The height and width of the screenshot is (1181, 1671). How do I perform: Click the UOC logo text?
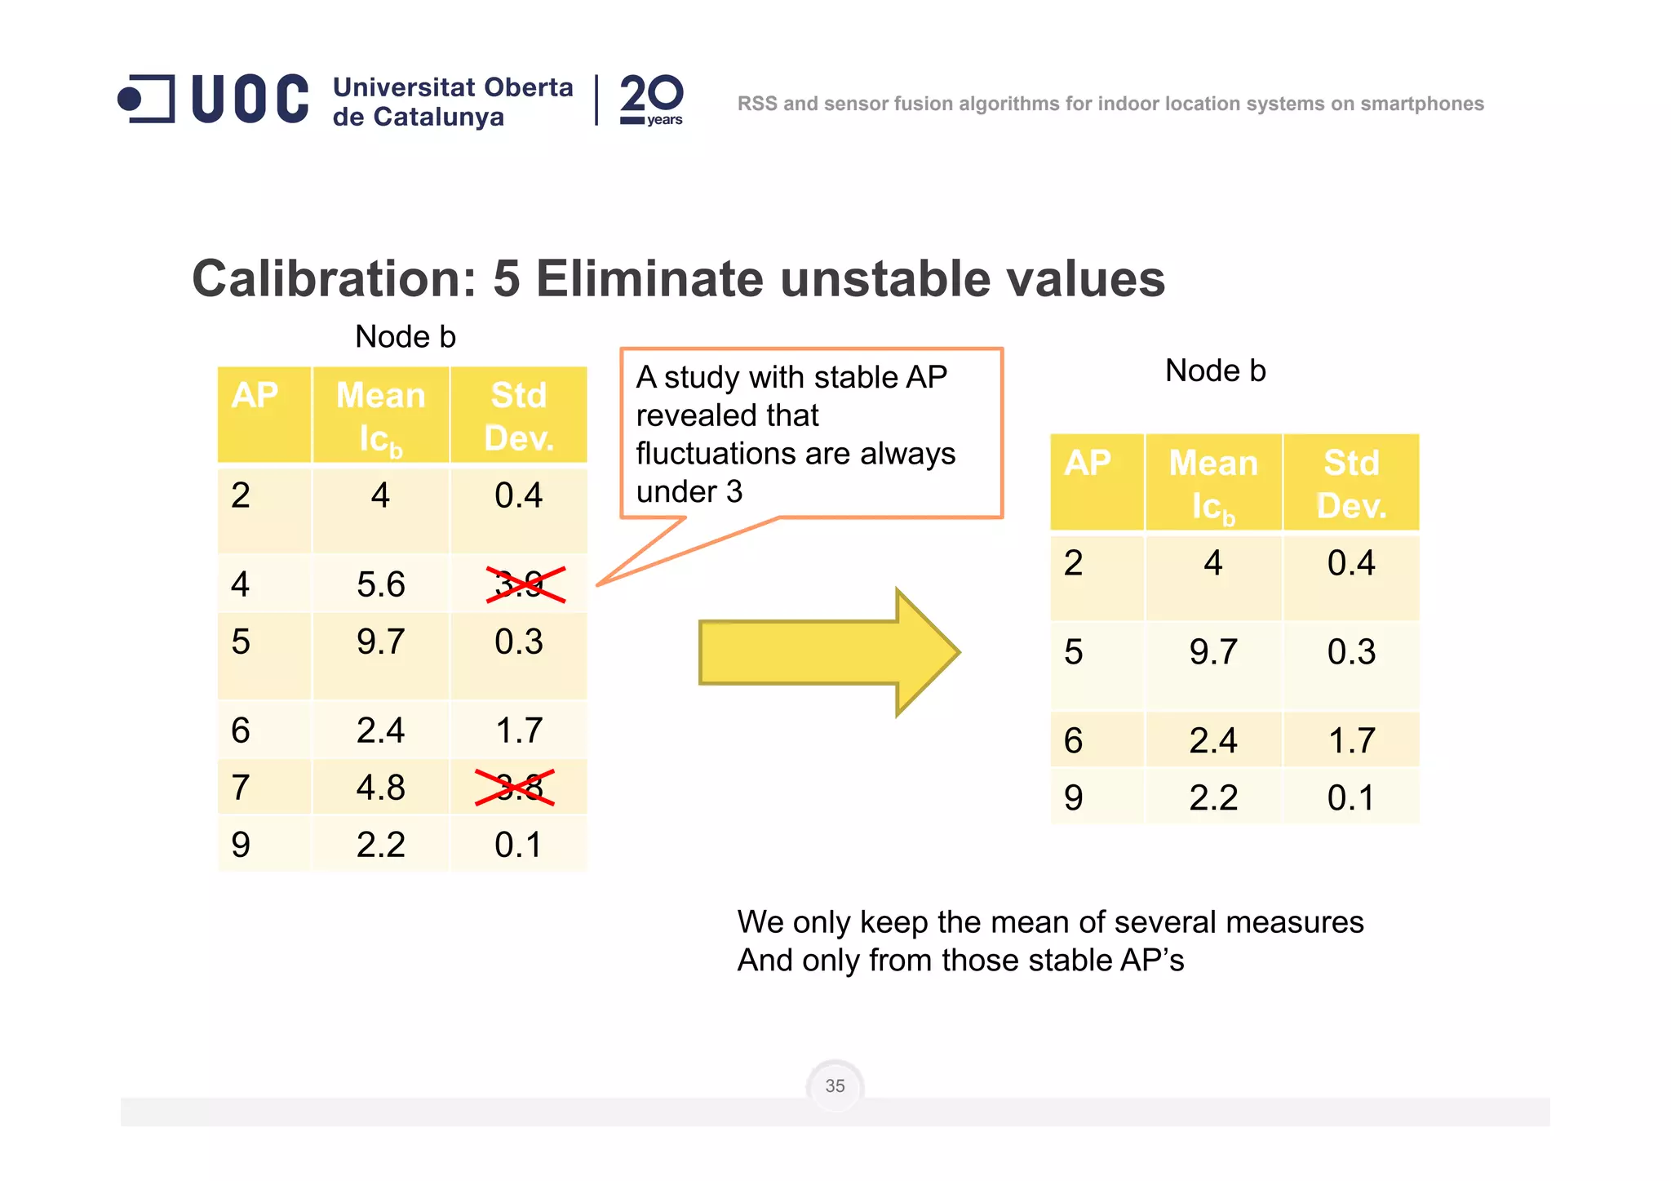click(x=250, y=100)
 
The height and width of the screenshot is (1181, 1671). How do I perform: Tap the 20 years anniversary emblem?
click(x=651, y=100)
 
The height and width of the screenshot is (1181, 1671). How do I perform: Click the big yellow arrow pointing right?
click(x=828, y=652)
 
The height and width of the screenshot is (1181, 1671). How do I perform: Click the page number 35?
click(x=835, y=1086)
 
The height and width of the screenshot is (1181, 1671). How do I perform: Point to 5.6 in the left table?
click(x=380, y=584)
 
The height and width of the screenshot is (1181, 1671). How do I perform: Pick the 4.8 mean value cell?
click(x=380, y=788)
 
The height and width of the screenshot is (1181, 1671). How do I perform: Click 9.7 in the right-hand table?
click(x=1212, y=652)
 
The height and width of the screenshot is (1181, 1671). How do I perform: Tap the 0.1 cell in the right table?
click(x=1350, y=797)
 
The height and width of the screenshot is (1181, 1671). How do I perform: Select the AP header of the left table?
click(x=255, y=396)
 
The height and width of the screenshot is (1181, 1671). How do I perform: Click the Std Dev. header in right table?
click(x=1350, y=484)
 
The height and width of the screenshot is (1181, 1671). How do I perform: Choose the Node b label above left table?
click(x=406, y=336)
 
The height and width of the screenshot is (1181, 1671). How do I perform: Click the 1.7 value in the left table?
click(x=519, y=730)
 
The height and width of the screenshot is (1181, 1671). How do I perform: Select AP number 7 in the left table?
click(x=240, y=788)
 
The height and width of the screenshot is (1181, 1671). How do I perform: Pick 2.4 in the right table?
click(x=1212, y=740)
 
